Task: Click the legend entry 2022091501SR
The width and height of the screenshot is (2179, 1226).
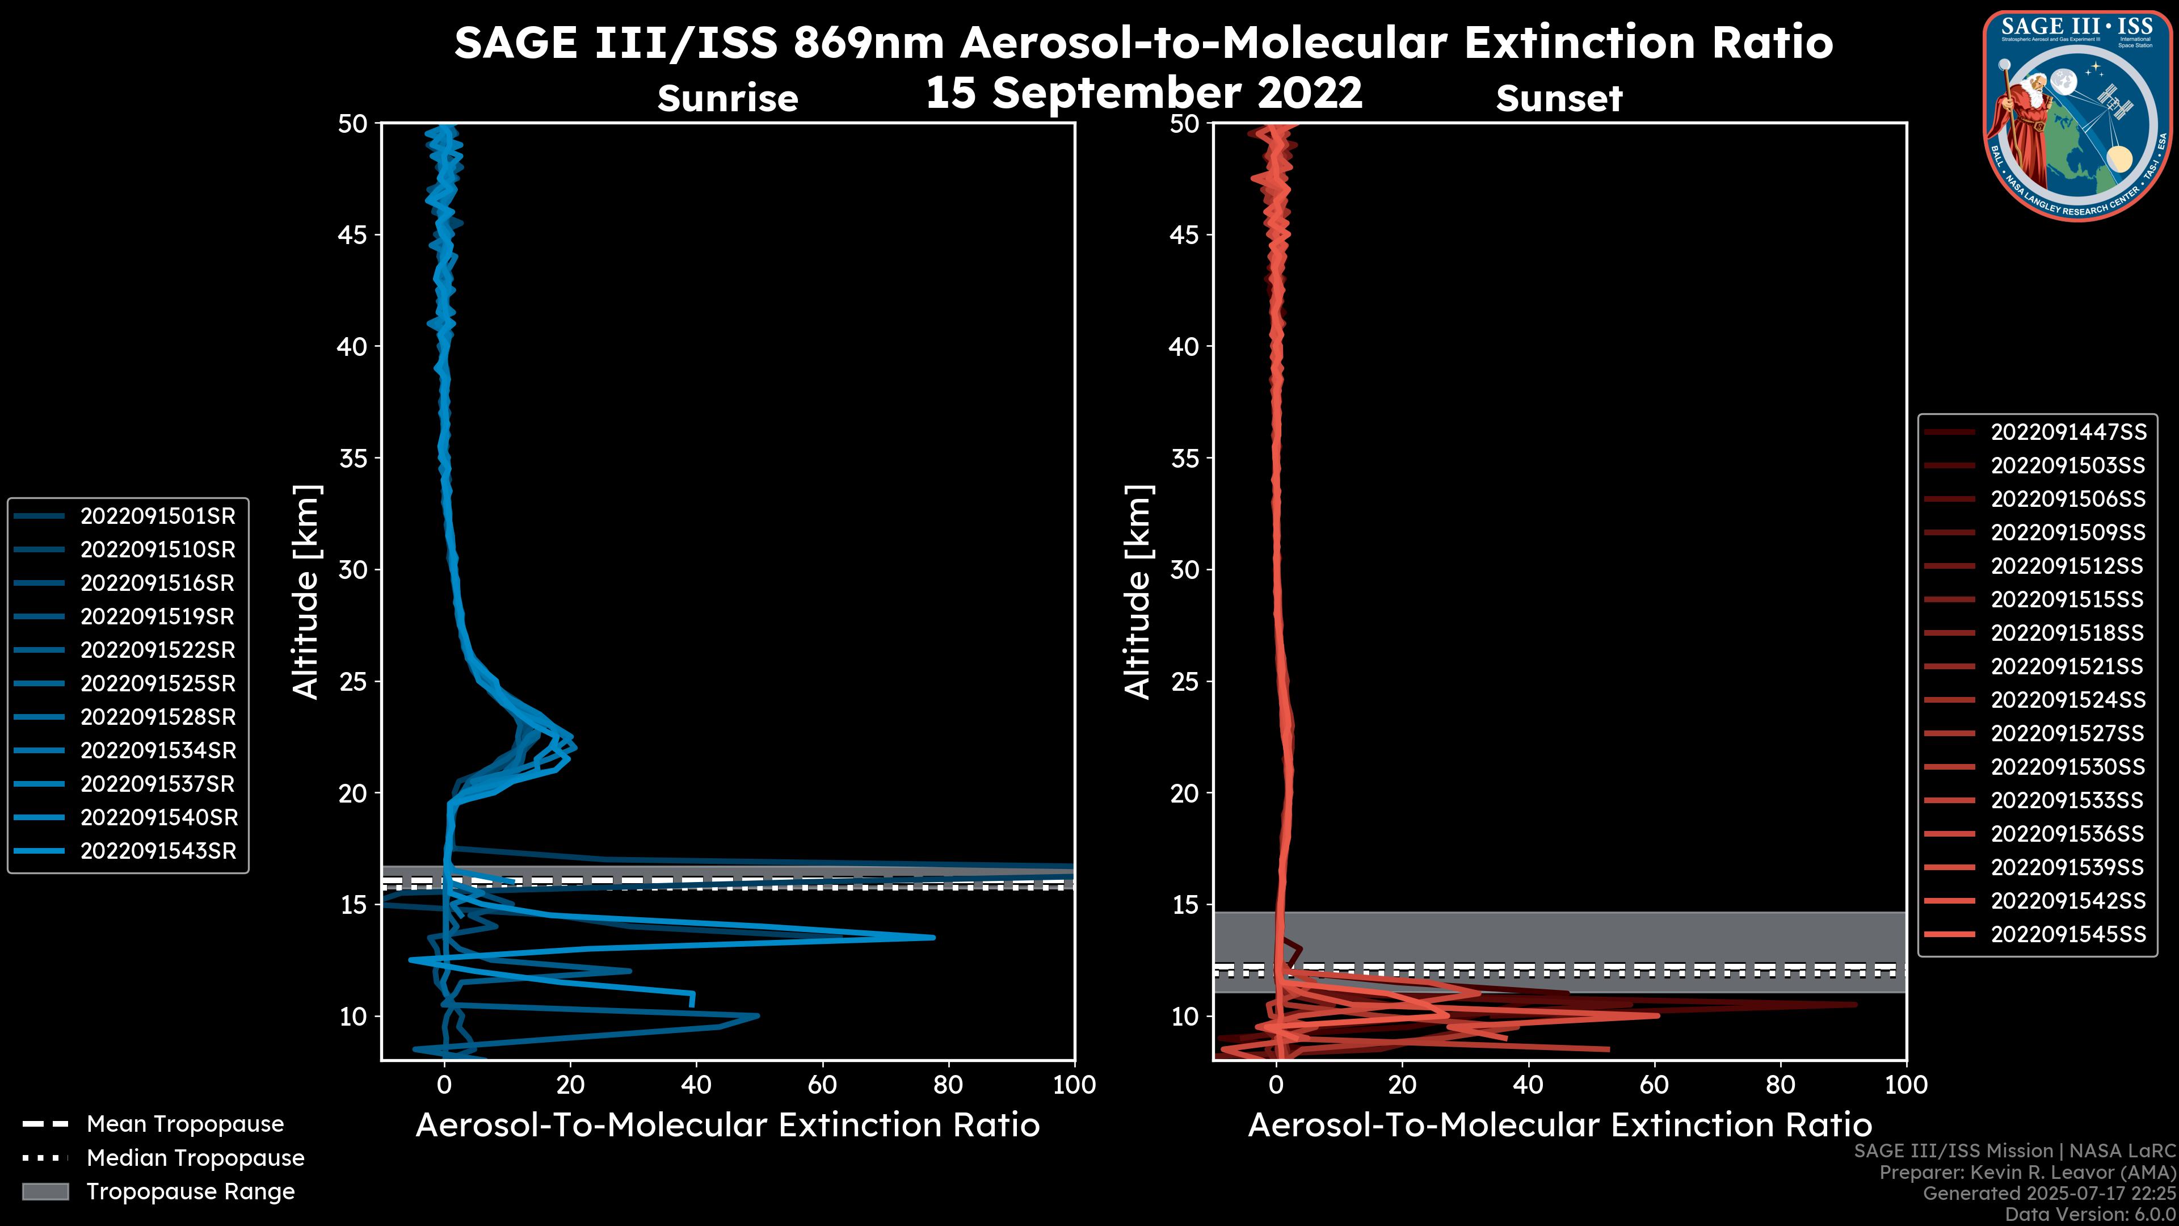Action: (157, 516)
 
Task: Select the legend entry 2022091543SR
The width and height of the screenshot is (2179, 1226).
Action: (157, 851)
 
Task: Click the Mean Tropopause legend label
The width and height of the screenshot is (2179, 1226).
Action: (185, 1124)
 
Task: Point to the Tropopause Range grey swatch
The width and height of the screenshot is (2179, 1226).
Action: (45, 1191)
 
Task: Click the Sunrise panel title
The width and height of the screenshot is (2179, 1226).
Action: (727, 99)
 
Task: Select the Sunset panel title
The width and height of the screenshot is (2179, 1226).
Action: (1559, 99)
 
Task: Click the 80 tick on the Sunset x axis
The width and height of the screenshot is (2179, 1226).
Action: (1781, 1085)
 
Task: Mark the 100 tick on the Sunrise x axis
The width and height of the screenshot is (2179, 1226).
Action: (1074, 1085)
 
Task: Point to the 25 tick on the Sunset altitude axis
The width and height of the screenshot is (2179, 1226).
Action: (1185, 681)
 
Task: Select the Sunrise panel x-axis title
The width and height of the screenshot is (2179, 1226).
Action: (727, 1126)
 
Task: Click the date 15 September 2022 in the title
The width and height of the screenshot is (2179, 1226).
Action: (1143, 93)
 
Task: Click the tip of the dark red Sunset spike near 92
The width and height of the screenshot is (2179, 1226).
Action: (1856, 1004)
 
